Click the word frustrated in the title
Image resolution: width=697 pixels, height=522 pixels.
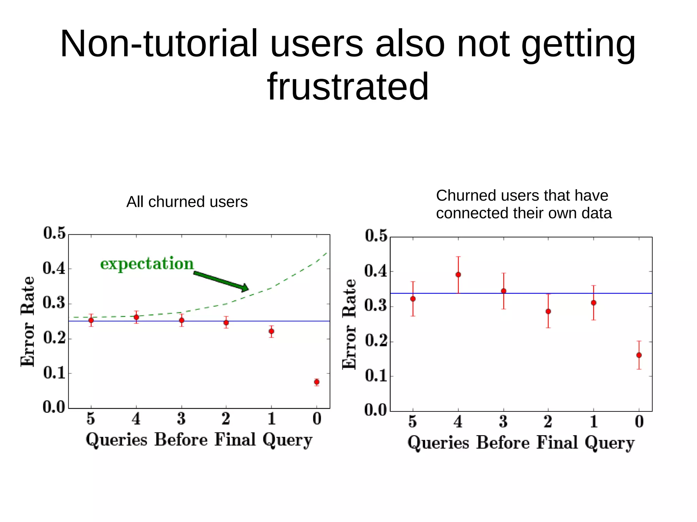(348, 87)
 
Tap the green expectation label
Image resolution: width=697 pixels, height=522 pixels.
(147, 264)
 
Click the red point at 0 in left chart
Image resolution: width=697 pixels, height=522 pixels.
(317, 382)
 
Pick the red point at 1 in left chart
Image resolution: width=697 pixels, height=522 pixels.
(271, 331)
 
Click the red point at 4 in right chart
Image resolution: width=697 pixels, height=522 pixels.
(458, 274)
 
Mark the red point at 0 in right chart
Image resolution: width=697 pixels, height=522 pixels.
(639, 355)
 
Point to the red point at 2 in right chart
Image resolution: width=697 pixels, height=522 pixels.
(548, 311)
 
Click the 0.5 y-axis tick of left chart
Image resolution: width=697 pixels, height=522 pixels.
(54, 233)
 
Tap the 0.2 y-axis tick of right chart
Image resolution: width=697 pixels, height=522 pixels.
(376, 341)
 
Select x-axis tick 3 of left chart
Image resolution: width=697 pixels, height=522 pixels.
(181, 419)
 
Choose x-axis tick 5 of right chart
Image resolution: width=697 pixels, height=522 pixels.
(412, 422)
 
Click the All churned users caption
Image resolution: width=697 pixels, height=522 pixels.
(187, 202)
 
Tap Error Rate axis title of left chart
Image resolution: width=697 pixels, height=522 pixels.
(27, 321)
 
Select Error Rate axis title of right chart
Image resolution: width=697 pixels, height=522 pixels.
(349, 324)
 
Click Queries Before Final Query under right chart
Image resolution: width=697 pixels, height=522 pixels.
(521, 443)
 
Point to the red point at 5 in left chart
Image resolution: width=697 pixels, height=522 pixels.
(91, 320)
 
